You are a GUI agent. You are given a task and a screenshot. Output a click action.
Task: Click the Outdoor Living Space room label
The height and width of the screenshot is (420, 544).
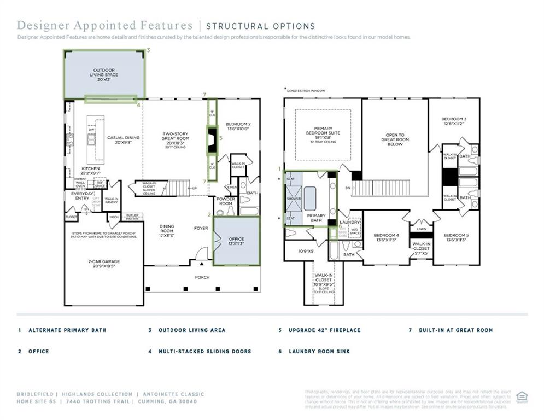(104, 75)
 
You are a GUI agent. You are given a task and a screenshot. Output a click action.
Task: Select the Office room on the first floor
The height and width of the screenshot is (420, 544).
(236, 241)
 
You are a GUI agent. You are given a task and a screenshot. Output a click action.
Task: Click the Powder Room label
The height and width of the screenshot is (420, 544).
(225, 201)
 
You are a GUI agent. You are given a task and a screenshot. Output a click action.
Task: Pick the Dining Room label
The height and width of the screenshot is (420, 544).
(167, 228)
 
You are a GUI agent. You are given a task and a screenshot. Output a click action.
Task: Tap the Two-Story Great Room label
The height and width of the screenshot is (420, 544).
(176, 138)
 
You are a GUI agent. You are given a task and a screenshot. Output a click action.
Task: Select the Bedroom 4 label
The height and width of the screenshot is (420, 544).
(386, 236)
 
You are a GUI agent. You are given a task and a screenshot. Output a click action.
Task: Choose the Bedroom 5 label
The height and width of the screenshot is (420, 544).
(455, 236)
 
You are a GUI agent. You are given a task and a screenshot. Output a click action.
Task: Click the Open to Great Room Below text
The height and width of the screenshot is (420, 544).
(395, 139)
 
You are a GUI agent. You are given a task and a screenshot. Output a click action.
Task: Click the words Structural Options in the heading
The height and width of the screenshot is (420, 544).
(260, 26)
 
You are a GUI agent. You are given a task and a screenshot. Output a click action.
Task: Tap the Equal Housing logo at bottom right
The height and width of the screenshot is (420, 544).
(522, 396)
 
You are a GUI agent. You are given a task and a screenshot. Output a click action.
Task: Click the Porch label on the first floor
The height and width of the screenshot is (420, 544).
(202, 277)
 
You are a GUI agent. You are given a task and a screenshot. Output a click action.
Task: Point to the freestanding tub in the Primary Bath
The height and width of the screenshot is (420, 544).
(310, 198)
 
